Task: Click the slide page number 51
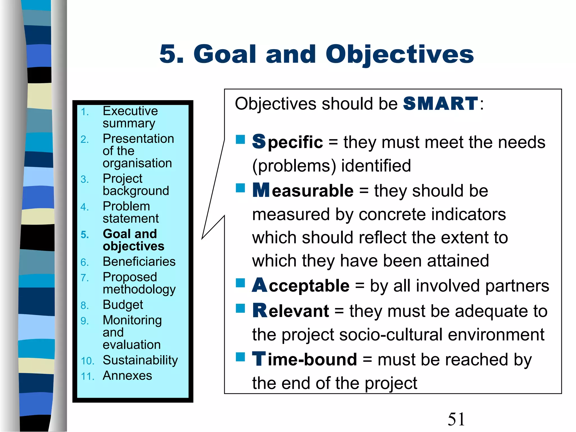point(456,419)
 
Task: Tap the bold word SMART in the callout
point(440,103)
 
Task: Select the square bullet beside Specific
point(240,139)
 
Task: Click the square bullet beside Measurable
point(240,188)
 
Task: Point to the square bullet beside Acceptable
point(240,283)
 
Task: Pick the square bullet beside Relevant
point(240,308)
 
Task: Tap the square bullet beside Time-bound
point(240,357)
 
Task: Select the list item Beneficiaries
point(139,262)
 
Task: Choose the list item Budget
point(123,305)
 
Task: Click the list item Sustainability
point(140,360)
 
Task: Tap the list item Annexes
point(127,375)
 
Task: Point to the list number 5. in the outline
point(85,235)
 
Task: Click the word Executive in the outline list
point(130,111)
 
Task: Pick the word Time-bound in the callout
point(305,359)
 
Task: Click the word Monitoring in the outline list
point(132,320)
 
